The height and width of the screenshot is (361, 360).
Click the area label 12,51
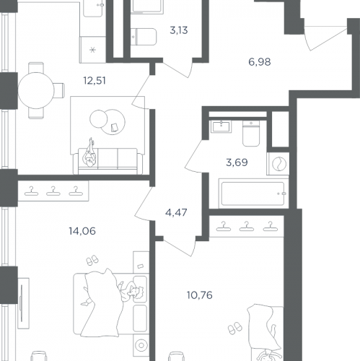click(95, 81)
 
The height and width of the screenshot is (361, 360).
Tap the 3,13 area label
click(179, 30)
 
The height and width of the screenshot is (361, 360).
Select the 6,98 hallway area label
click(260, 62)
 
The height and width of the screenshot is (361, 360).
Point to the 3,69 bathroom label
click(237, 162)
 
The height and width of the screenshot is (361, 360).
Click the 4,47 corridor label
click(176, 212)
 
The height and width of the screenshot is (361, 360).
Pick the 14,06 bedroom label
click(82, 231)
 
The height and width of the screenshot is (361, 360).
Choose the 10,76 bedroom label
click(200, 295)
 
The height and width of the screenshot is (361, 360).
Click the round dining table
click(36, 90)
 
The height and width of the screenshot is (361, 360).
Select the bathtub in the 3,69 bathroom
click(253, 193)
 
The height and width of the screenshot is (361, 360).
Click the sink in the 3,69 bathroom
click(221, 126)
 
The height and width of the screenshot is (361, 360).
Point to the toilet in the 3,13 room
click(144, 37)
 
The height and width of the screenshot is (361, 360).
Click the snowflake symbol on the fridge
click(93, 50)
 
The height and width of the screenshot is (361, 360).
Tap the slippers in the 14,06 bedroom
click(92, 260)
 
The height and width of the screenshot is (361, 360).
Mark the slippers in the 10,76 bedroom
click(235, 328)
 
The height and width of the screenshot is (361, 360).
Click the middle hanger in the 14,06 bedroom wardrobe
click(53, 191)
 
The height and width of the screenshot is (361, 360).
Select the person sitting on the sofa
click(89, 153)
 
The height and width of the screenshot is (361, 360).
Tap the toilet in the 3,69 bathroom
click(251, 134)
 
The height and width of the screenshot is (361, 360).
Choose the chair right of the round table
click(59, 90)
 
